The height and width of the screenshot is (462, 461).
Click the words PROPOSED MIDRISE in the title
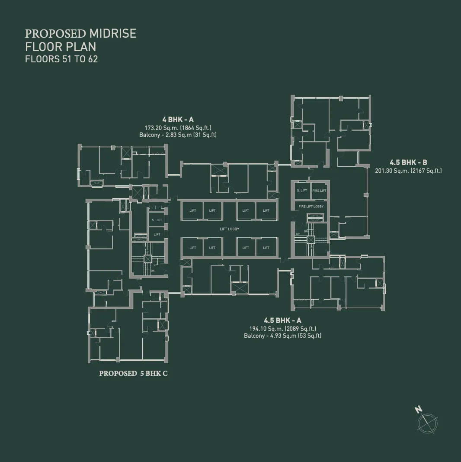point(80,33)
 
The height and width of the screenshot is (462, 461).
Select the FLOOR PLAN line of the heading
point(61,46)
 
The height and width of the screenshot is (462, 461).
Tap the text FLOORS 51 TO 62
point(61,59)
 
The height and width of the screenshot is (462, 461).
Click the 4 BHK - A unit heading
point(178,119)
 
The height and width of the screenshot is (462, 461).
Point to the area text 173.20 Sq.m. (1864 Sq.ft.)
point(178,128)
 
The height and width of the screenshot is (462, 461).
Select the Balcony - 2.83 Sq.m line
point(178,135)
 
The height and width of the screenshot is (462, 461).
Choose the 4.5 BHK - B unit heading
point(408,162)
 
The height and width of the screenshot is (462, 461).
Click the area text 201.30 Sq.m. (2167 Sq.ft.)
point(408,171)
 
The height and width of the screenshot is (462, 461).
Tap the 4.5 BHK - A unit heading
point(282,320)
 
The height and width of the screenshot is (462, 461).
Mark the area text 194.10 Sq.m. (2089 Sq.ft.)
point(282,329)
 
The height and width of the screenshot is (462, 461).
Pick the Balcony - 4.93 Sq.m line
point(282,336)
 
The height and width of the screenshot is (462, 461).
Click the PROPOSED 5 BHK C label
point(133,373)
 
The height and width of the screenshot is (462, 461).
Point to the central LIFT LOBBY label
point(229,229)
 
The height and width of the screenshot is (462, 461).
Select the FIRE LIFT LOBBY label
point(311,207)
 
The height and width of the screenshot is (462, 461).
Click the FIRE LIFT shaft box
point(319,191)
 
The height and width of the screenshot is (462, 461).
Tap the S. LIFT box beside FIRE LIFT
point(302,191)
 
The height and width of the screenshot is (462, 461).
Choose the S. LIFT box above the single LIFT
point(157,220)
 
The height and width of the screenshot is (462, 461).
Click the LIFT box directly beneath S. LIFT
point(157,234)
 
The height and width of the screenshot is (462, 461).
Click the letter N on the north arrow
point(418,409)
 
